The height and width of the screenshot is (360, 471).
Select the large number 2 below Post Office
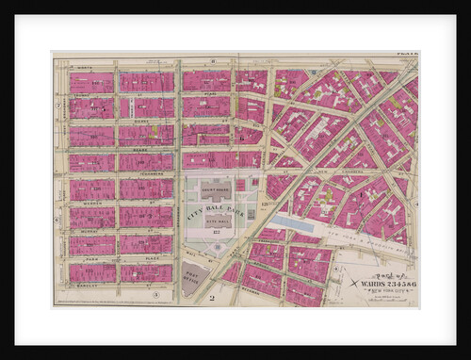pyautogui.click(x=213, y=299)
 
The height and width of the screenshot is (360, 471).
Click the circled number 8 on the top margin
pyautogui.click(x=214, y=59)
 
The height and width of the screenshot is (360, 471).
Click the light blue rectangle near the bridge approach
pyautogui.click(x=305, y=223)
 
